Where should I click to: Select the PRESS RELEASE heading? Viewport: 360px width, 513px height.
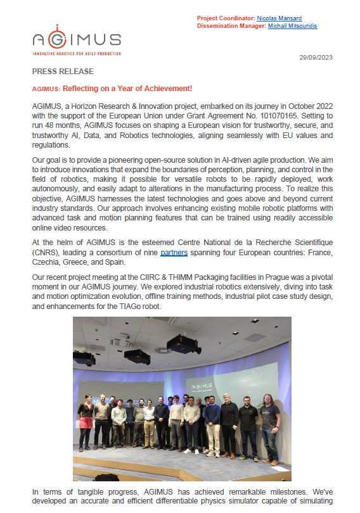coord(63,72)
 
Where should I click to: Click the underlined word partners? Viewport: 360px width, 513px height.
coord(174,253)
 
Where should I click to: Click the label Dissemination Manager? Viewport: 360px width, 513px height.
coord(229,27)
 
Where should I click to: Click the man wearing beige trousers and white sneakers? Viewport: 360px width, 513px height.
coord(213,427)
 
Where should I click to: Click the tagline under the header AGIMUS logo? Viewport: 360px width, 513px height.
coord(76,53)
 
